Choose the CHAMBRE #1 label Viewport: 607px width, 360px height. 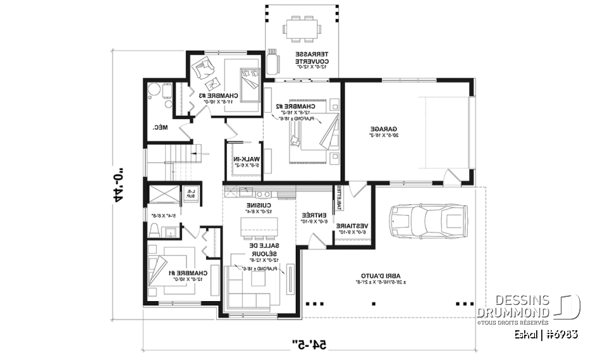point(164,273)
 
